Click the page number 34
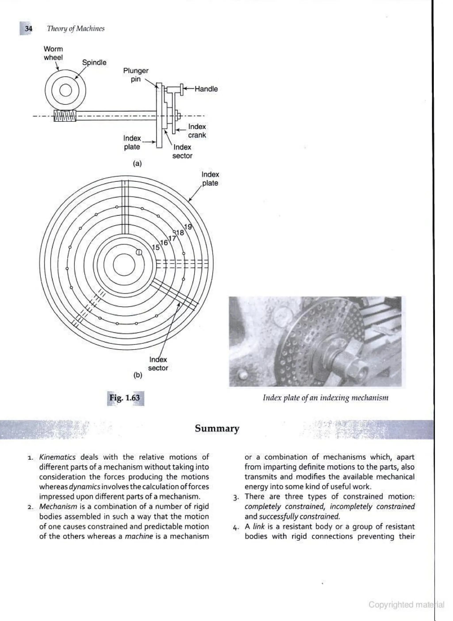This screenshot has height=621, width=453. [29, 29]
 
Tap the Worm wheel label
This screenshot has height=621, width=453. [53, 53]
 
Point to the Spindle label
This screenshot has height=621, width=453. [94, 63]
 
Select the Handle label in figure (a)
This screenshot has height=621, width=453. [206, 89]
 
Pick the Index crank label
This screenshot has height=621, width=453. [197, 131]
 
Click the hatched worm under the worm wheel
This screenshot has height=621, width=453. [65, 116]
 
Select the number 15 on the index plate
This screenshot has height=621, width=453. [155, 247]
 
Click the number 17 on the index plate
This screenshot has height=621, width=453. [172, 238]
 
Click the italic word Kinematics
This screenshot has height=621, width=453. [57, 457]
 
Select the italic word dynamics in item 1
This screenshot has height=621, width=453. [84, 487]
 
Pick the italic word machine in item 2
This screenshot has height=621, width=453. [139, 536]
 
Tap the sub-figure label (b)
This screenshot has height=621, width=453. [138, 375]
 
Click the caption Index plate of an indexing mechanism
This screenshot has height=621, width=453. [326, 398]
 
